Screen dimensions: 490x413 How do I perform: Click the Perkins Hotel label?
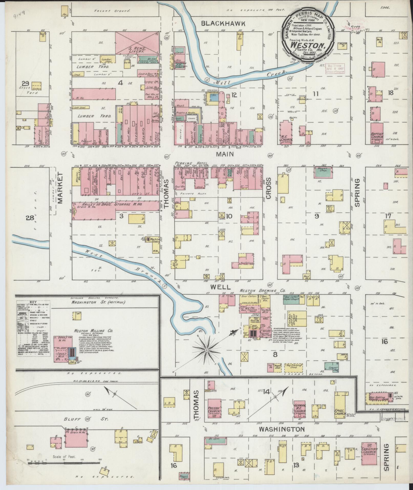192,163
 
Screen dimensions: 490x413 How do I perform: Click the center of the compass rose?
206,349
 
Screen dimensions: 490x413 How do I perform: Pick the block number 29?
25,83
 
